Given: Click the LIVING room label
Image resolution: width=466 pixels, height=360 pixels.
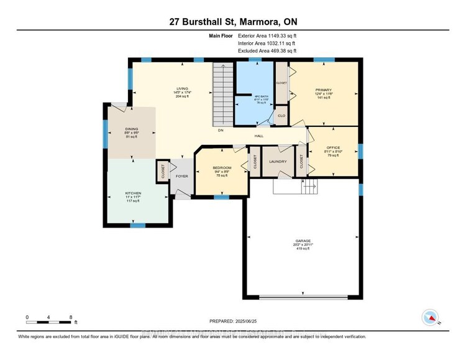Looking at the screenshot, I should (182, 88).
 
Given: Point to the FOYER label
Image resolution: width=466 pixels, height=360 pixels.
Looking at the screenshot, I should (182, 176).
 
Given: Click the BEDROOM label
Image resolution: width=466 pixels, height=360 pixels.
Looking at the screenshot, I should (222, 168).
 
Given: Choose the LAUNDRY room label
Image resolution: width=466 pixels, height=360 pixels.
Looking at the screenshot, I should (278, 162).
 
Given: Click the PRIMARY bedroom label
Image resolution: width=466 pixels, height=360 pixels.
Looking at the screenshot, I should (323, 90).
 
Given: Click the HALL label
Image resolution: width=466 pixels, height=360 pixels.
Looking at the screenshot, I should (260, 135).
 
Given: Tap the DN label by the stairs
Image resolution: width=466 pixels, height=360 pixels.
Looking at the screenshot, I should (220, 131).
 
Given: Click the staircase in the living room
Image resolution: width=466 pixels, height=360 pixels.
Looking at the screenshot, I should (222, 93).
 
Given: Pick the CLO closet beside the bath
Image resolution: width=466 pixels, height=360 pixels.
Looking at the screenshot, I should (281, 116).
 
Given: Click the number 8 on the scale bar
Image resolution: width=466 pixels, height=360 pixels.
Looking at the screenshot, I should (71, 316).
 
